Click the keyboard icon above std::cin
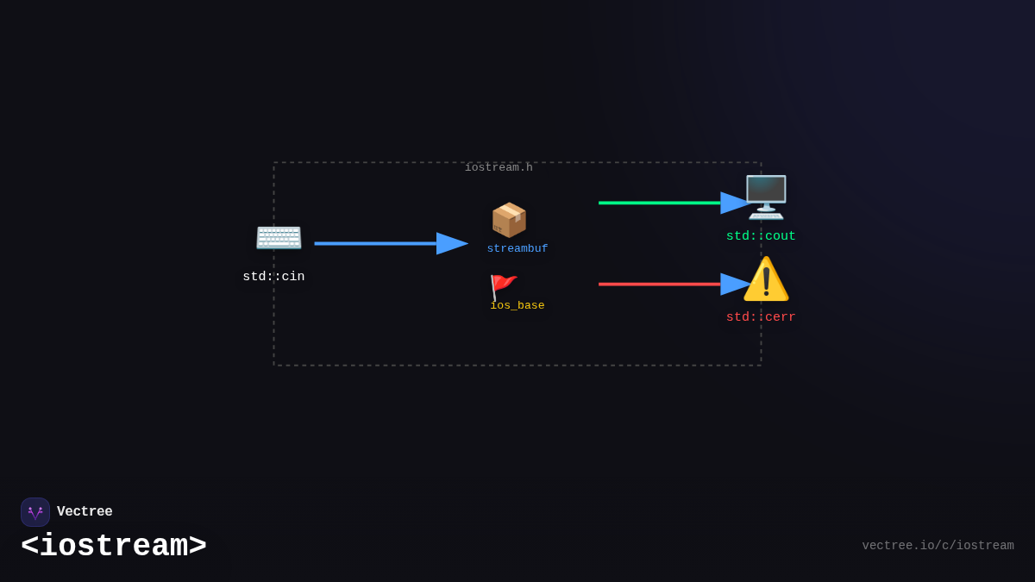279,236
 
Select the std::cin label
273,277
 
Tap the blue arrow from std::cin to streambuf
375,244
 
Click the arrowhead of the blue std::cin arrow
452,244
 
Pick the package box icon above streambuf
509,220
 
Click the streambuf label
517,249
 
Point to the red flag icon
503,287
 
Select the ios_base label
517,306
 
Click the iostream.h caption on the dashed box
499,167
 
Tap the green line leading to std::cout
660,203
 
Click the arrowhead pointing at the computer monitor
735,203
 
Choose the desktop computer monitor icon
766,197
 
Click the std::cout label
761,236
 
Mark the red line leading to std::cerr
660,285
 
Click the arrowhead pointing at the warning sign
735,285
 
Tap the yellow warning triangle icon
766,279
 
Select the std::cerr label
761,317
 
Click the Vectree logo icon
35,512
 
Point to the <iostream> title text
114,547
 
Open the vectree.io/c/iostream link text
938,546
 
